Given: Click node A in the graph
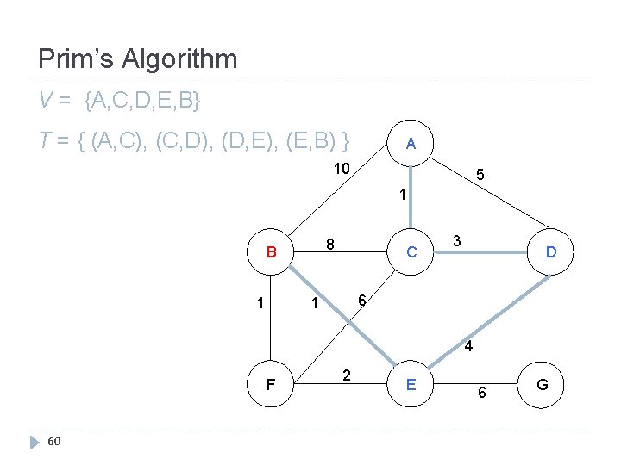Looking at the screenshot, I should click(x=411, y=144).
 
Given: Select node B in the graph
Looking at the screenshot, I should click(x=271, y=253).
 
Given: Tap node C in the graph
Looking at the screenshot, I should click(x=411, y=252).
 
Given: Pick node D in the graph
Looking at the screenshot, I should click(x=550, y=252).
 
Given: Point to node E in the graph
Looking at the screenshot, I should click(x=411, y=384).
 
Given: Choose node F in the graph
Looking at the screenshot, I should click(x=271, y=384).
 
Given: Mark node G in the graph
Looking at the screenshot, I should click(x=542, y=384).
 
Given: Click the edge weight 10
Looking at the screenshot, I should click(x=342, y=168).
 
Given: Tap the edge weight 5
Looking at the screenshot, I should click(x=481, y=176).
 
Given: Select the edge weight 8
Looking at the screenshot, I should click(x=329, y=244).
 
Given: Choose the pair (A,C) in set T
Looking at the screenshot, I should click(x=120, y=139).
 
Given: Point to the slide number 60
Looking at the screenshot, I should click(x=53, y=442).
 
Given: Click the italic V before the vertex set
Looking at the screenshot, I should click(x=45, y=102).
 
